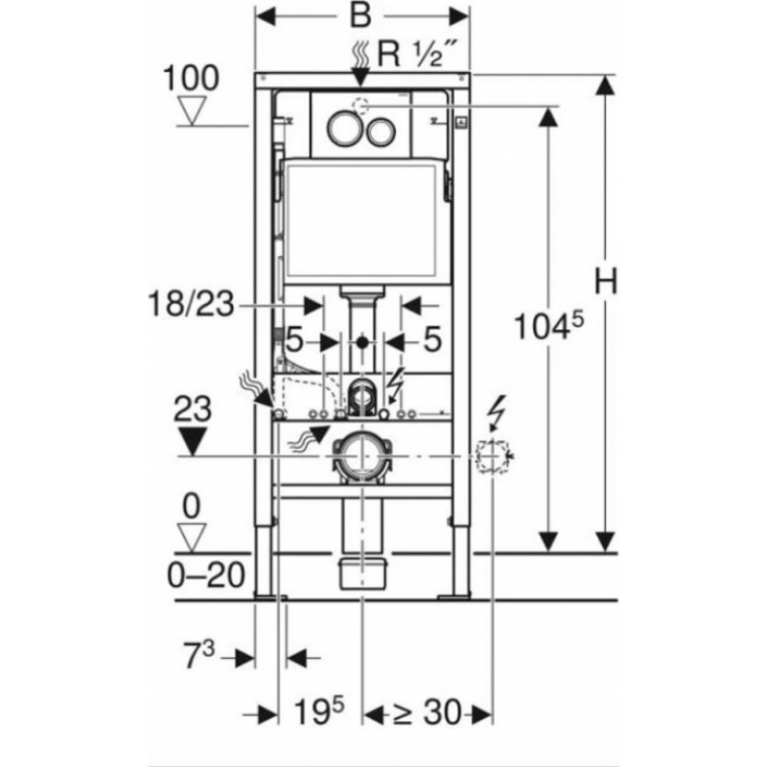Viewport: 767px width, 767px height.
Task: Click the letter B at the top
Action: [x=361, y=15]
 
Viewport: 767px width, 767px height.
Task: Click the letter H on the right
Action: [x=606, y=281]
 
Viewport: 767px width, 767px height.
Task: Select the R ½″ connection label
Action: [x=418, y=54]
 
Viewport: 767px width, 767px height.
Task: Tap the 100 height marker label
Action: [x=191, y=79]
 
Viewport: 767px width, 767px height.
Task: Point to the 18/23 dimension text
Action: [x=191, y=303]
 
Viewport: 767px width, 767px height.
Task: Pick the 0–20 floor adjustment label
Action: [x=206, y=574]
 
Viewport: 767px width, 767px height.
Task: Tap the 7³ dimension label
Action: [x=199, y=655]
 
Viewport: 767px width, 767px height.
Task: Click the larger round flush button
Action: [x=346, y=128]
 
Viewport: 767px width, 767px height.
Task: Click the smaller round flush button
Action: [x=381, y=131]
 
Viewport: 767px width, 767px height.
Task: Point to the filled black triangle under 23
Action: [x=193, y=441]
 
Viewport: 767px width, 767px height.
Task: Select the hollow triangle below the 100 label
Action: [x=191, y=110]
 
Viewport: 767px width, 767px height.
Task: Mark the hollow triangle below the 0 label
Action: [x=191, y=538]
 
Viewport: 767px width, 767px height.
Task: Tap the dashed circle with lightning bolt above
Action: [x=493, y=456]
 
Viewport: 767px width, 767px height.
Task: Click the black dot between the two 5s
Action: [x=362, y=342]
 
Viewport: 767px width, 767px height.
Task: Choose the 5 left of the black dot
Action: [x=294, y=339]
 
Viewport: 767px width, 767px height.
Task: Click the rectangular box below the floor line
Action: [x=362, y=573]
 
